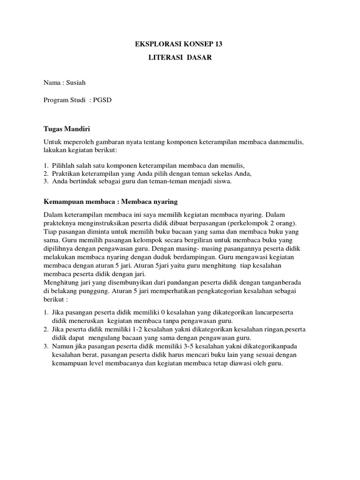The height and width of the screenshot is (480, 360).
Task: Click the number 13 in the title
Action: (x=218, y=45)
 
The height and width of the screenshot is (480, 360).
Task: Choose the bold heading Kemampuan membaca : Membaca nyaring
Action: (x=111, y=201)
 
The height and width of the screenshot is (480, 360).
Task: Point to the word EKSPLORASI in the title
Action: (x=151, y=45)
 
